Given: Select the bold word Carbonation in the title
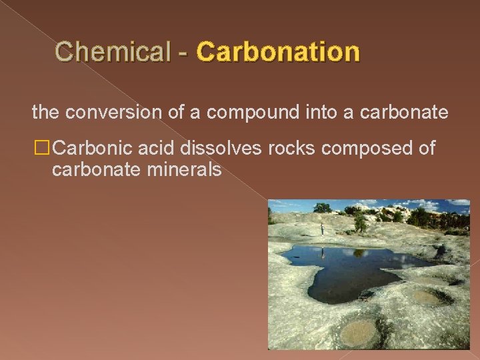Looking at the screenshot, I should pyautogui.click(x=278, y=51).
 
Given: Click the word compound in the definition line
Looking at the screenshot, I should pyautogui.click(x=244, y=113).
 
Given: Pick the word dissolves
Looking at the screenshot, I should pyautogui.click(x=223, y=149).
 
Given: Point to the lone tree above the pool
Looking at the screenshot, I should pyautogui.click(x=360, y=223).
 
